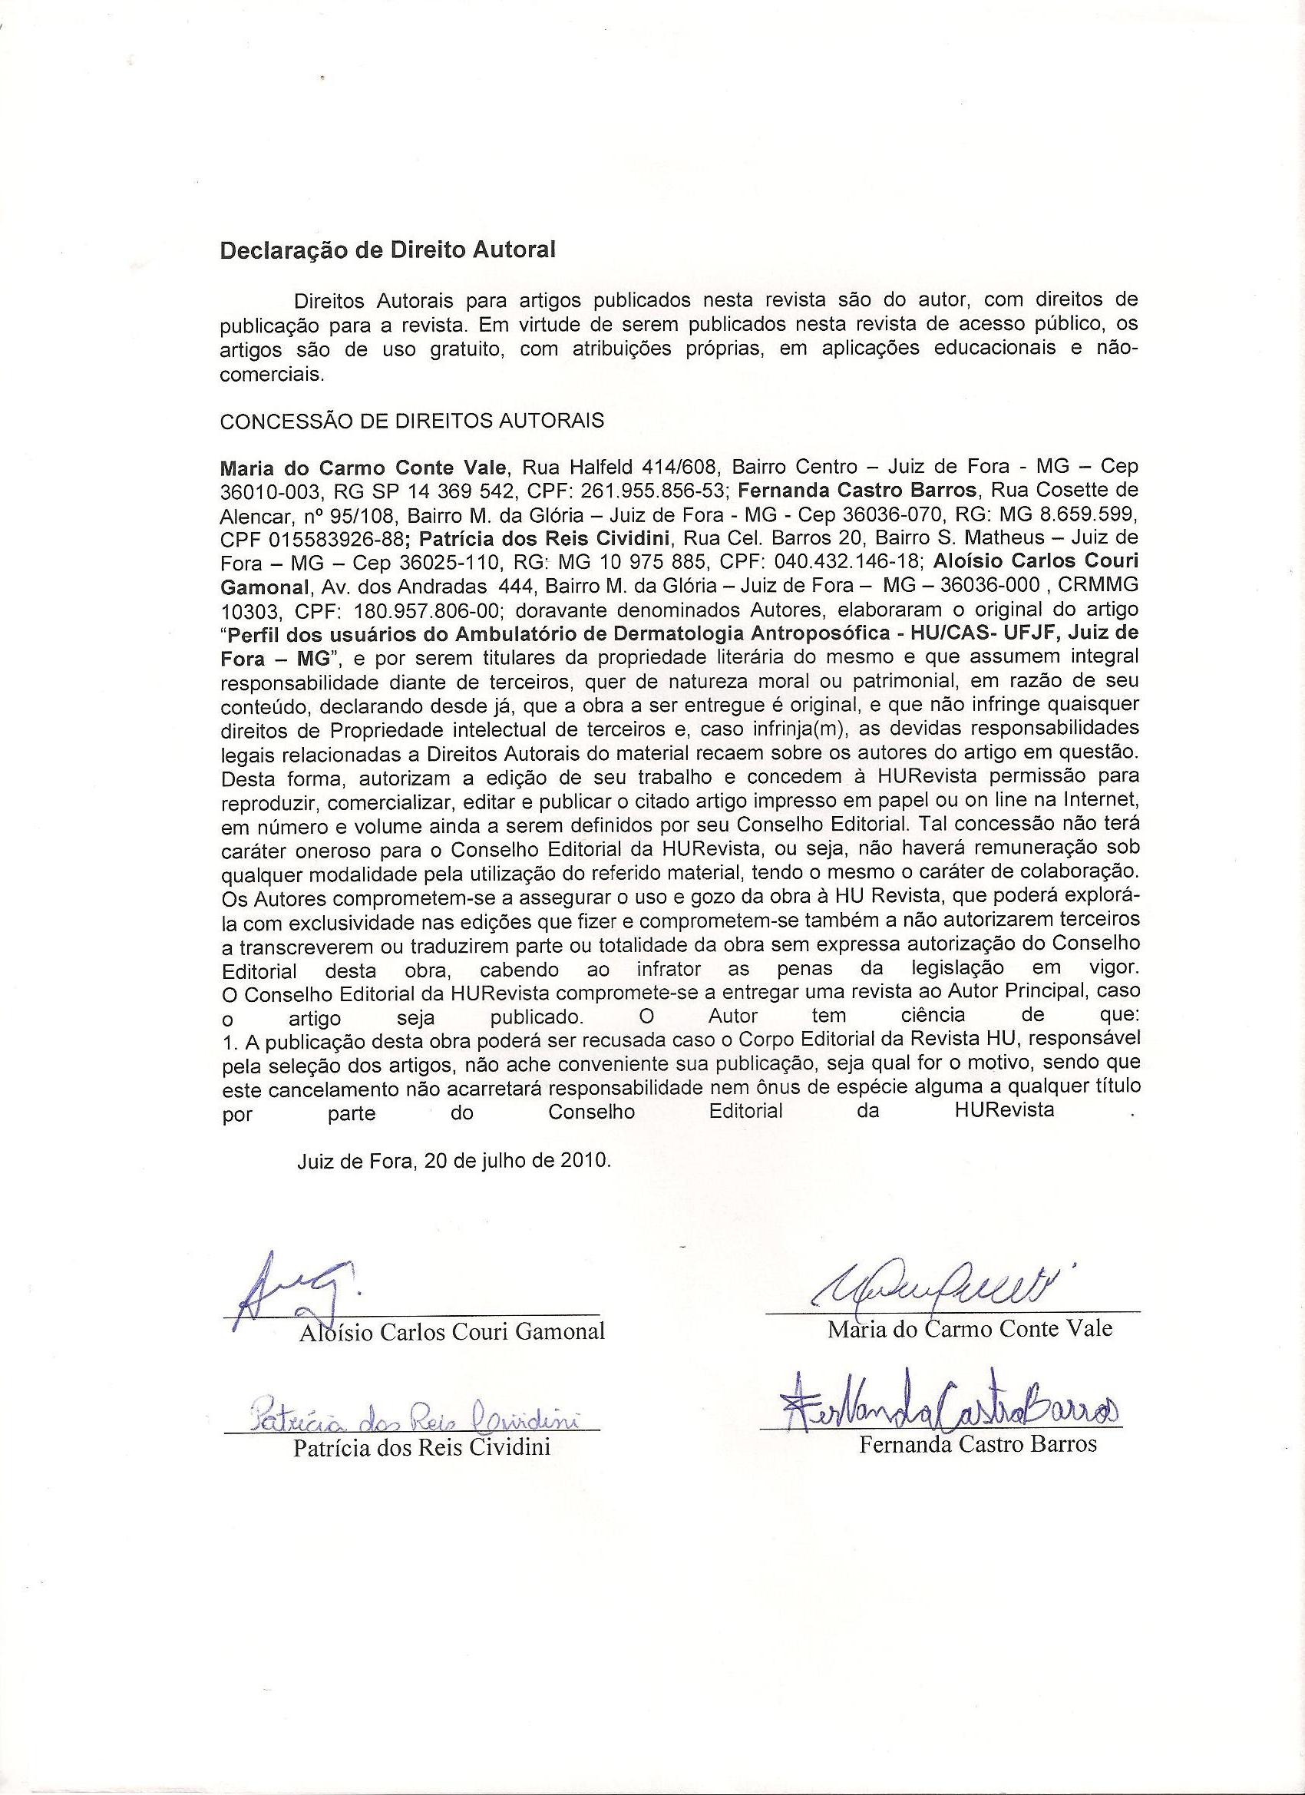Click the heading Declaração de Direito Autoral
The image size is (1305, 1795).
click(x=388, y=250)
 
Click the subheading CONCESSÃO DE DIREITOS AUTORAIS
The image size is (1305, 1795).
click(x=411, y=420)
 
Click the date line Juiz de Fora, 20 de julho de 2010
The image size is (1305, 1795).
click(x=454, y=1161)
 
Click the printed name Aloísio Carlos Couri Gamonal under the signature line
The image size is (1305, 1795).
click(x=452, y=1331)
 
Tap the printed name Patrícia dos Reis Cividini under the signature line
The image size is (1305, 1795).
click(x=421, y=1447)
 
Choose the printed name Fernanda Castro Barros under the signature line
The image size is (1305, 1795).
click(x=978, y=1444)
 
